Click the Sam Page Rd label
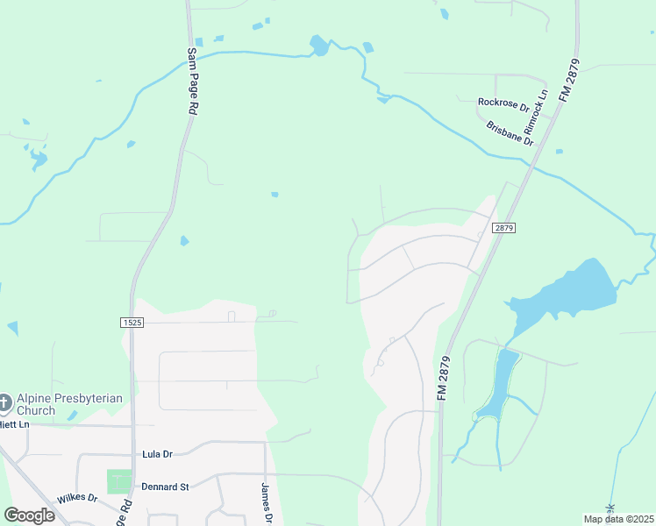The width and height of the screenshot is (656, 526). click(x=190, y=82)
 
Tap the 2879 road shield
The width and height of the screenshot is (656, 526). click(x=503, y=227)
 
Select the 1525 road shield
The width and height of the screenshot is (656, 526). click(x=131, y=323)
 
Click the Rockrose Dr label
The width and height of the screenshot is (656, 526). click(x=503, y=104)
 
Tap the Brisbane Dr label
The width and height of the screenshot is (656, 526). click(x=510, y=132)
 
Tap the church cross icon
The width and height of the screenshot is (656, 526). click(x=4, y=403)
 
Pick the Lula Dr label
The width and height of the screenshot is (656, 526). click(x=159, y=455)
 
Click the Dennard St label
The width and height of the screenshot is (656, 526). click(x=166, y=487)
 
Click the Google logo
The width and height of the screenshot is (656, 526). click(x=29, y=515)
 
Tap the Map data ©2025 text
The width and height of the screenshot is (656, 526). click(x=617, y=519)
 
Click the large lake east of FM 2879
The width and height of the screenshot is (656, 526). click(x=574, y=290)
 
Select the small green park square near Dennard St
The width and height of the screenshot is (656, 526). click(x=118, y=481)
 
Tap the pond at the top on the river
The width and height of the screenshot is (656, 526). click(x=319, y=46)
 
